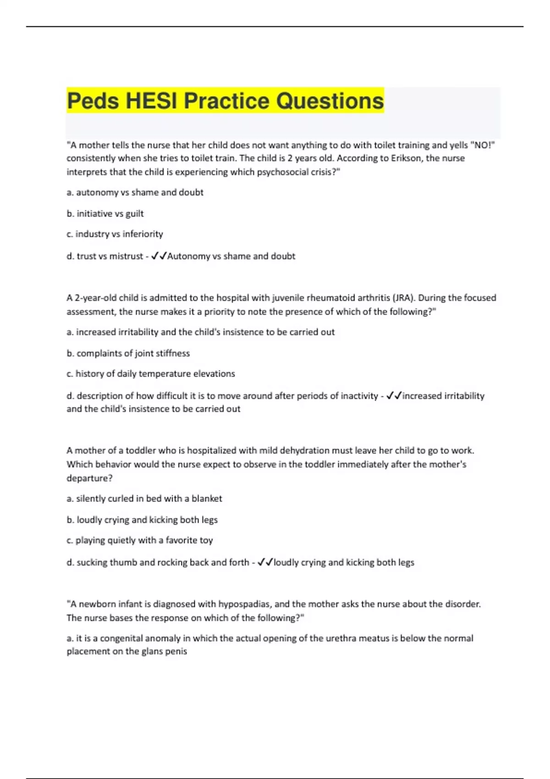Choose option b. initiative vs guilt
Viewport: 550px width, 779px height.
[105, 214]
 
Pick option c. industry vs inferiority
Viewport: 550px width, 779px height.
[115, 234]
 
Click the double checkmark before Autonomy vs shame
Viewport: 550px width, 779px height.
[159, 256]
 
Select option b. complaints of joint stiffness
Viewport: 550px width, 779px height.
[128, 353]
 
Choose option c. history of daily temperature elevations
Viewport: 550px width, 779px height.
[150, 374]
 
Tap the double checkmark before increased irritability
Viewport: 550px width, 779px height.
[394, 396]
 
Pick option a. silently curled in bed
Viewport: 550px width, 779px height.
[144, 499]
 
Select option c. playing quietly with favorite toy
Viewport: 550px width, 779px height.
[139, 540]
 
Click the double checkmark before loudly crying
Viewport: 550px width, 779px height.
[265, 562]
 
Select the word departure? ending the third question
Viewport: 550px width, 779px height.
[89, 478]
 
